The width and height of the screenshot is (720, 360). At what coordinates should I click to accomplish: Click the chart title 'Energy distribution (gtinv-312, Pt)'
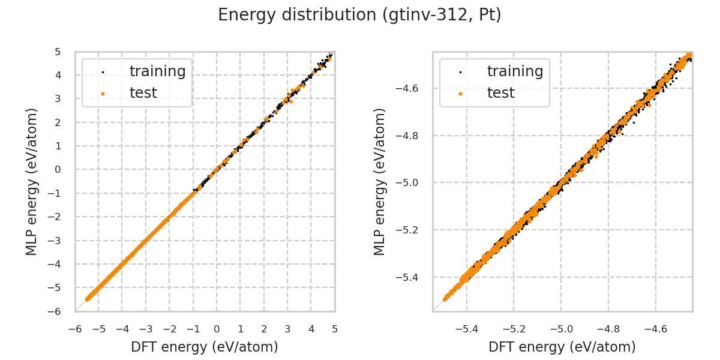click(359, 15)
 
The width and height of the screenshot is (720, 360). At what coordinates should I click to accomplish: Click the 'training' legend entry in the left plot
click(157, 71)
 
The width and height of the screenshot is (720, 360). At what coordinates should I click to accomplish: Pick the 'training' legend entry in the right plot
click(515, 71)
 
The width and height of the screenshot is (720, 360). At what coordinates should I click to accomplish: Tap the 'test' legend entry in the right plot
click(500, 93)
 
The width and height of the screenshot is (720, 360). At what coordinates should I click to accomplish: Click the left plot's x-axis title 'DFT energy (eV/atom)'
click(205, 347)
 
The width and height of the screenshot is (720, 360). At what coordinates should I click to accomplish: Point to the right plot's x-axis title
click(562, 347)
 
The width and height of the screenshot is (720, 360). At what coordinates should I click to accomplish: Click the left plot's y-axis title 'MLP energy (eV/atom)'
click(32, 181)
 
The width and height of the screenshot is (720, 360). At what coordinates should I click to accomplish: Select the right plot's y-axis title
click(380, 181)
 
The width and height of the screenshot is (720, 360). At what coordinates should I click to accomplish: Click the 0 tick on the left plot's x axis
click(217, 329)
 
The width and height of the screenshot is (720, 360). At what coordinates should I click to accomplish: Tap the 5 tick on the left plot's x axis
click(335, 329)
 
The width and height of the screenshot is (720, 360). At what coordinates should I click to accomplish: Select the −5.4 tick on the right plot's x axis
click(467, 329)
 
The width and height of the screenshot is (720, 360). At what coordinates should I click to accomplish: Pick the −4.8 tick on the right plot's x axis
click(608, 329)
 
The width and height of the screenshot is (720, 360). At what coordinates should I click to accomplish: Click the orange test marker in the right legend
click(460, 94)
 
